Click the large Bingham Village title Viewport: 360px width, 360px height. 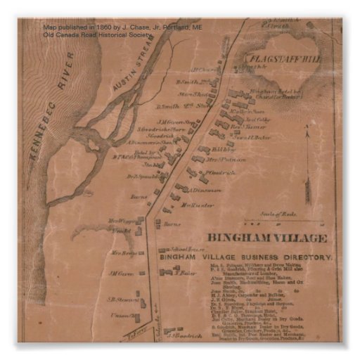pos(266,238)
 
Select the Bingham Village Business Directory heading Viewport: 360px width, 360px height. pos(246,258)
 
